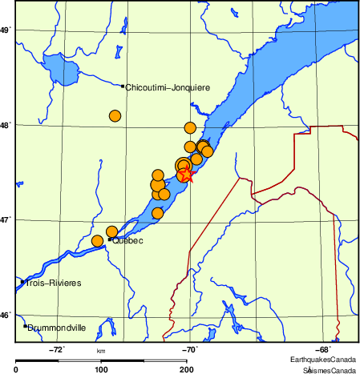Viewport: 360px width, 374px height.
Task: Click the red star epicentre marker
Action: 186,173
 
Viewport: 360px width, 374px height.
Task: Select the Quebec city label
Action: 127,240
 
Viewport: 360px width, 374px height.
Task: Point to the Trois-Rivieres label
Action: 54,284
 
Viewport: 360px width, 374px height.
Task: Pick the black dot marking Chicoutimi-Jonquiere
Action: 122,86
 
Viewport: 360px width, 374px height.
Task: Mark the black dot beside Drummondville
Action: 25,326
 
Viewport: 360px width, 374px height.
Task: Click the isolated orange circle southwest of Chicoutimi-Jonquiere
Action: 115,116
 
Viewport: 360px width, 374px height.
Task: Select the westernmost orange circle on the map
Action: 98,241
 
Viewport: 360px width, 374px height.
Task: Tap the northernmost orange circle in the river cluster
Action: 190,127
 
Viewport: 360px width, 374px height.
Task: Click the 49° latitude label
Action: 6,30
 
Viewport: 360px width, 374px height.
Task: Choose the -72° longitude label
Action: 58,349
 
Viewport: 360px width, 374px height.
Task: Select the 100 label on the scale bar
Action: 101,369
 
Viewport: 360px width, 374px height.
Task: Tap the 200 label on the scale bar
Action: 186,369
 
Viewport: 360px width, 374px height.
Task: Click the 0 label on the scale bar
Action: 17,369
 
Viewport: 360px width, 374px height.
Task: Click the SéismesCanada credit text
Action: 329,370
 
